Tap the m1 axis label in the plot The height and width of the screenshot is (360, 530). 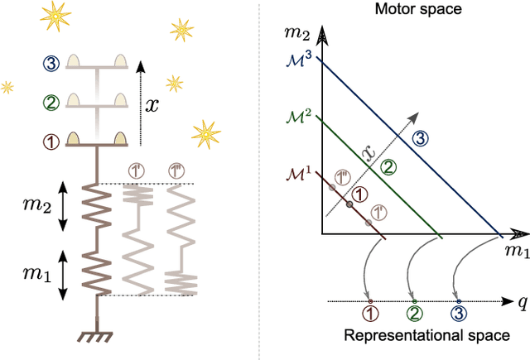click(x=515, y=252)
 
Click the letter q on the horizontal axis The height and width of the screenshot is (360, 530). click(x=523, y=302)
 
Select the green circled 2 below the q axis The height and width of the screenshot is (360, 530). click(x=415, y=315)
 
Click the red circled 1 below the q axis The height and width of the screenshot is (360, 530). click(x=370, y=315)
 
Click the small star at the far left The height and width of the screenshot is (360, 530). click(x=7, y=86)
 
